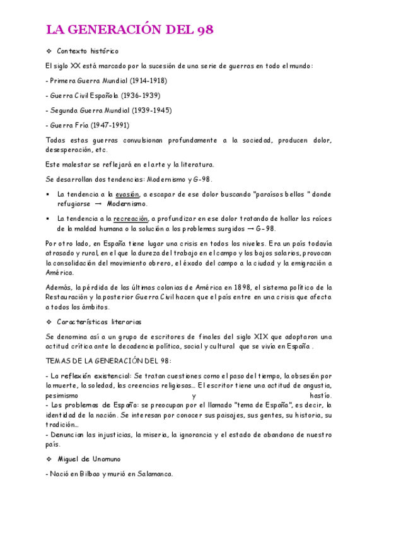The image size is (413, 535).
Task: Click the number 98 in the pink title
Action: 204,30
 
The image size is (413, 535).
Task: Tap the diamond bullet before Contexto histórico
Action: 49,51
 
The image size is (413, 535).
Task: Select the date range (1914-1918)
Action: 148,81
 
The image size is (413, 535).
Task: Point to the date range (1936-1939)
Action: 141,96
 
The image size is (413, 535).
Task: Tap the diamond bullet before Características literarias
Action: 49,322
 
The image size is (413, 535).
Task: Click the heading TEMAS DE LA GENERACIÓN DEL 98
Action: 108,361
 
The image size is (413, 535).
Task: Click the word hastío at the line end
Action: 320,396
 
